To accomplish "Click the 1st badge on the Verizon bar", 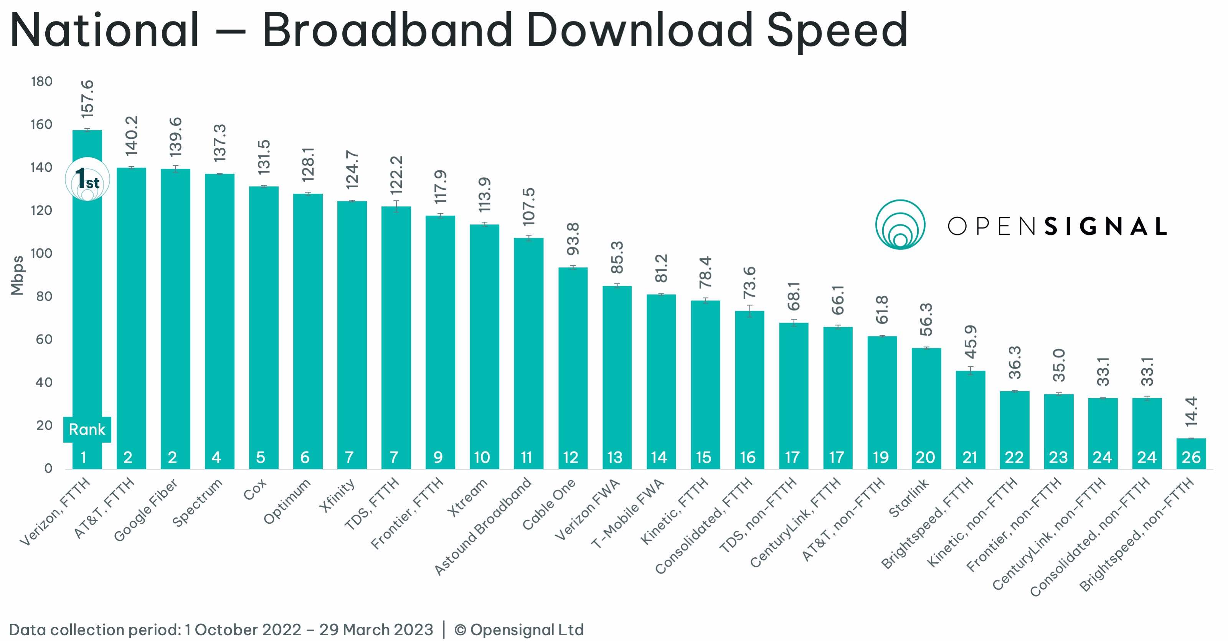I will pos(87,179).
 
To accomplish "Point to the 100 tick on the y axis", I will pos(42,254).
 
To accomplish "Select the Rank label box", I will pos(87,429).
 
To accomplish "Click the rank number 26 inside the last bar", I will pos(1191,458).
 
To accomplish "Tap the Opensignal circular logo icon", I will pos(900,224).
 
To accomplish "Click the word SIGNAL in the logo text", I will pos(1105,226).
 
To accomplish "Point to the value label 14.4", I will pos(1191,411).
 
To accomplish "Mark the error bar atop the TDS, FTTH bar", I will pos(396,207).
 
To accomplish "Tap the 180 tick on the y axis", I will pos(42,81).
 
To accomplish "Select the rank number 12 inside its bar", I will pos(571,458).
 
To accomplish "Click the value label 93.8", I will pos(573,239).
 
